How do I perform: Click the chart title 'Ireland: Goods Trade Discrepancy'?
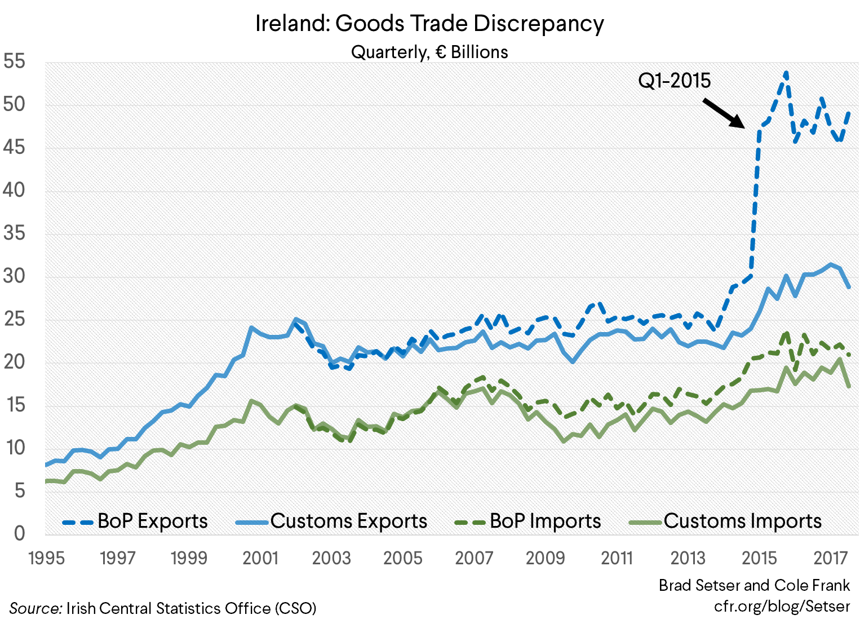(x=429, y=24)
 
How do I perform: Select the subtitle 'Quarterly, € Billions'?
(x=429, y=52)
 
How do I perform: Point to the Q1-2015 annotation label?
(x=674, y=81)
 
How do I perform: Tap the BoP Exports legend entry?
(x=135, y=521)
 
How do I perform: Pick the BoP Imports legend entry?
(x=528, y=521)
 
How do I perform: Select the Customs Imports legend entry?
(x=725, y=521)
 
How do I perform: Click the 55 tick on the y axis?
(x=15, y=61)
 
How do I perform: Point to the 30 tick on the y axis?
(x=15, y=276)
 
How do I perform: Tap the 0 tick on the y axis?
(x=19, y=533)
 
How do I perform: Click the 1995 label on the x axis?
(x=46, y=558)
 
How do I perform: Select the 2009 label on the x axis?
(x=545, y=558)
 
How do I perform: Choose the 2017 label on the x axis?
(x=831, y=558)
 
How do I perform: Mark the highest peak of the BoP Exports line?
(x=786, y=73)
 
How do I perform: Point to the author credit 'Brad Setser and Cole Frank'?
(x=754, y=585)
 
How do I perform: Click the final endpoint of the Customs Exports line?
(x=849, y=288)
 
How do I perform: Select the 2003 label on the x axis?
(x=331, y=558)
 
